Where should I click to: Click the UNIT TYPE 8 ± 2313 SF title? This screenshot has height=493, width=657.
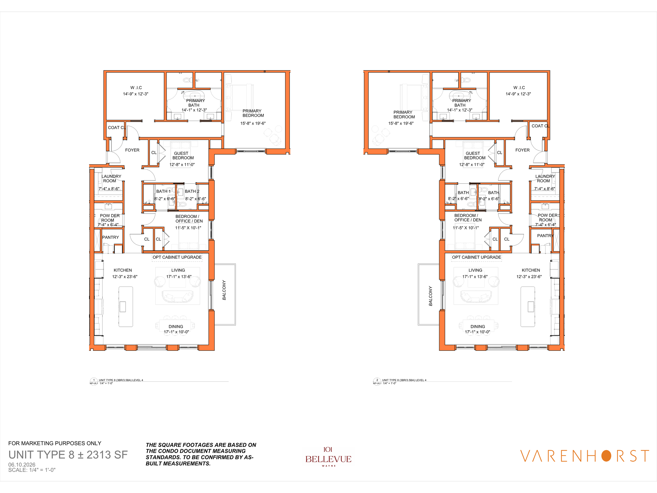pyautogui.click(x=68, y=455)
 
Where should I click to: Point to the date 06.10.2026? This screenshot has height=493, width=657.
pyautogui.click(x=22, y=465)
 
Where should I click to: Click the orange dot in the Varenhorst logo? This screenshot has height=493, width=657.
pyautogui.click(x=606, y=456)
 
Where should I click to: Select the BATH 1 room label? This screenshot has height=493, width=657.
pyautogui.click(x=163, y=191)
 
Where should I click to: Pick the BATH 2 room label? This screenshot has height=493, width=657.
pyautogui.click(x=192, y=191)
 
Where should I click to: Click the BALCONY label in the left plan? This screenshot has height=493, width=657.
pyautogui.click(x=224, y=290)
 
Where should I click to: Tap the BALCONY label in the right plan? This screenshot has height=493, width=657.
pyautogui.click(x=430, y=296)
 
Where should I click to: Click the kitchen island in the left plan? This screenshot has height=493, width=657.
pyautogui.click(x=126, y=307)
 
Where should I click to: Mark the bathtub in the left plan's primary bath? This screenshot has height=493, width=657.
pyautogui.click(x=194, y=96)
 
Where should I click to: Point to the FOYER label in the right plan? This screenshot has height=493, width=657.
pyautogui.click(x=522, y=150)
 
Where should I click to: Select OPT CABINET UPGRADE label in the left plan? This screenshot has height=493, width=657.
pyautogui.click(x=177, y=257)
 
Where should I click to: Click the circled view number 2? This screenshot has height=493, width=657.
pyautogui.click(x=377, y=380)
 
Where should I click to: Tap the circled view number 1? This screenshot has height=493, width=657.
pyautogui.click(x=94, y=380)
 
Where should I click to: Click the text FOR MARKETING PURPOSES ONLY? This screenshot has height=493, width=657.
pyautogui.click(x=55, y=443)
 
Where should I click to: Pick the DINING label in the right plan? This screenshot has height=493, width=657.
pyautogui.click(x=478, y=327)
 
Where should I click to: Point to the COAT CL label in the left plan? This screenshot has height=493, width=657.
pyautogui.click(x=116, y=128)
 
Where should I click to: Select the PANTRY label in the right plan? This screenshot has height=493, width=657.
pyautogui.click(x=545, y=236)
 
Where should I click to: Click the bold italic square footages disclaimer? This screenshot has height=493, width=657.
pyautogui.click(x=201, y=454)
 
